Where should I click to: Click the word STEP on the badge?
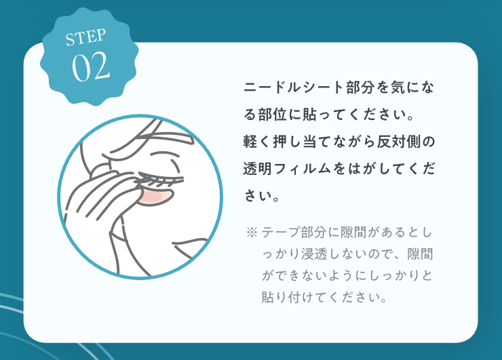[x=85, y=37]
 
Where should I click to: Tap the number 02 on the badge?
[x=91, y=66]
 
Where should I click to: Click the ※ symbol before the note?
[x=252, y=233]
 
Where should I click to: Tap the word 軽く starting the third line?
[x=257, y=142]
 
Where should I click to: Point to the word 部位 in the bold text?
[x=272, y=115]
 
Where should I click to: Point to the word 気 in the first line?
[x=398, y=87]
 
